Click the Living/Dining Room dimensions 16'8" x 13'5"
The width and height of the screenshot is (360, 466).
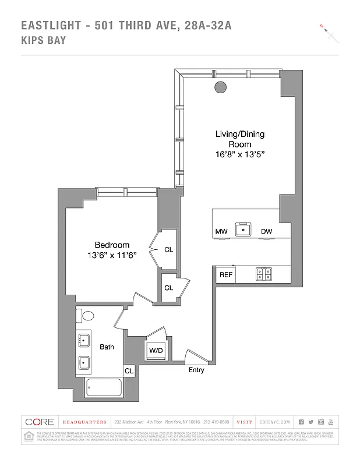(x=240, y=155)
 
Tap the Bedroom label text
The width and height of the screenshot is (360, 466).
(x=112, y=245)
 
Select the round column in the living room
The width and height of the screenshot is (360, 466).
(x=221, y=87)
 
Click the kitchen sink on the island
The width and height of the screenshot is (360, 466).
(x=242, y=230)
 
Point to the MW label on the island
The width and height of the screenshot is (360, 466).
(x=221, y=232)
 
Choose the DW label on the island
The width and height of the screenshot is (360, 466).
(x=266, y=232)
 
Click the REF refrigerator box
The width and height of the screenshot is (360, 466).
(x=225, y=274)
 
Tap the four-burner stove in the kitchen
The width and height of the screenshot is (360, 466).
(x=263, y=273)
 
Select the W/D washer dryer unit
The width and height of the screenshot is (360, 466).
(x=156, y=351)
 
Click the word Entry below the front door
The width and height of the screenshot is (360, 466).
(x=196, y=370)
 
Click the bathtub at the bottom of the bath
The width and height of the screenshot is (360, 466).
(x=103, y=388)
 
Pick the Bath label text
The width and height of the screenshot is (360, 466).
(x=107, y=347)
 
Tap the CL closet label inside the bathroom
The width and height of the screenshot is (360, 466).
(x=129, y=370)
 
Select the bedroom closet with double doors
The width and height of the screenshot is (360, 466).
(x=168, y=249)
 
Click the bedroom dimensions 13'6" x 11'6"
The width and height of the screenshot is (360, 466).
(x=112, y=256)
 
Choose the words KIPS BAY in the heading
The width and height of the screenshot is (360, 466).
(x=43, y=41)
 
